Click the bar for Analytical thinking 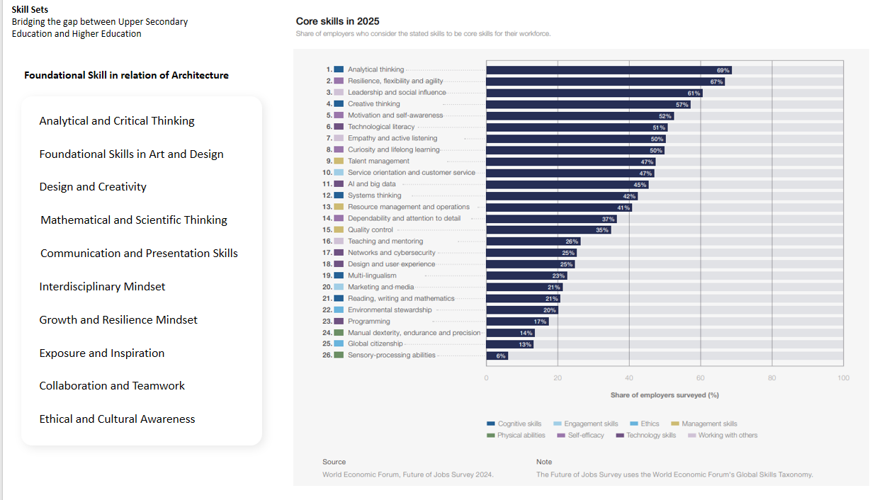(608, 70)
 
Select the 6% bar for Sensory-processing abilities (497, 356)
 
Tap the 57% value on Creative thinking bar (682, 105)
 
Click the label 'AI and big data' (371, 184)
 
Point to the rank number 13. (327, 207)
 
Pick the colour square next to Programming (339, 322)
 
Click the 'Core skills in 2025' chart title (337, 21)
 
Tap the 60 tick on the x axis (700, 378)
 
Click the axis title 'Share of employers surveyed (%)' (664, 395)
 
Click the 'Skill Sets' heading (30, 9)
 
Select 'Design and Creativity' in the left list (93, 187)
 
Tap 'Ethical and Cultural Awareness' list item (117, 419)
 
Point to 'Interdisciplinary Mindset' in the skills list (102, 287)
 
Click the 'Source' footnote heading (334, 462)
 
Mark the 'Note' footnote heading (544, 462)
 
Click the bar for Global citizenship (509, 344)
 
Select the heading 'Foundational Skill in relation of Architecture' (126, 75)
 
